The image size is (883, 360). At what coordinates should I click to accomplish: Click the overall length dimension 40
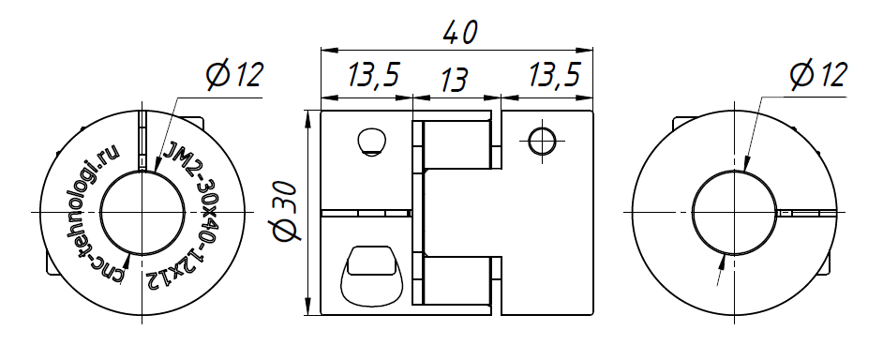tap(459, 33)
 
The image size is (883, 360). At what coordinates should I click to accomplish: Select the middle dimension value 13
tap(453, 80)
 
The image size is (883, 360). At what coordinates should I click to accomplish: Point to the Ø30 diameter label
tap(286, 211)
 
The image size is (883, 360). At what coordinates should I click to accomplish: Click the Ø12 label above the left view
tap(234, 75)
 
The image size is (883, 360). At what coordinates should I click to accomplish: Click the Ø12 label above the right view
tap(818, 75)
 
